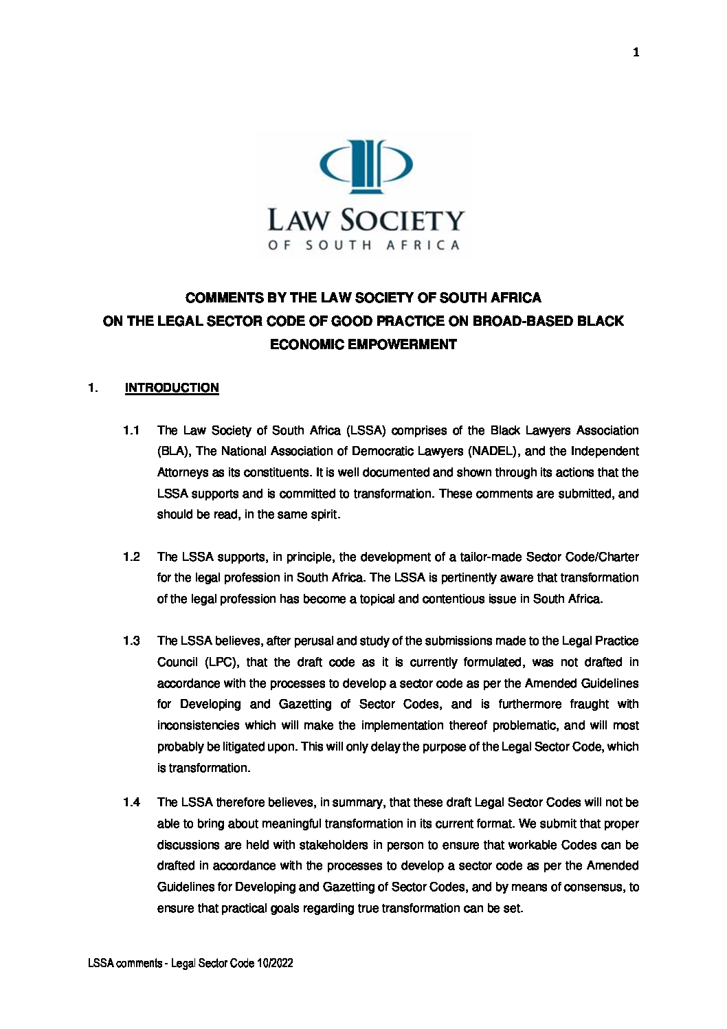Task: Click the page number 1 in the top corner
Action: click(636, 52)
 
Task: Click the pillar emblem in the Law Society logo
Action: click(366, 165)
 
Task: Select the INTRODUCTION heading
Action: click(172, 388)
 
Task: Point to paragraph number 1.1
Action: click(131, 430)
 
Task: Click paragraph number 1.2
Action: click(131, 557)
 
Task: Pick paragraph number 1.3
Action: click(131, 641)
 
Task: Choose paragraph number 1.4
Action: click(131, 802)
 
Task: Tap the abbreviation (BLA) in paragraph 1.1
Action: click(175, 452)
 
